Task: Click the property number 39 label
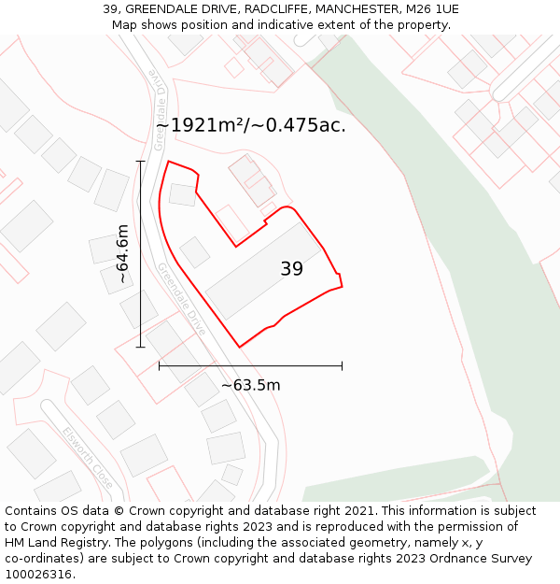(291, 269)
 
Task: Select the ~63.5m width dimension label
(250, 385)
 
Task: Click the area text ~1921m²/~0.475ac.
(250, 125)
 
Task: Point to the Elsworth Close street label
(88, 457)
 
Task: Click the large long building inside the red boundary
(263, 271)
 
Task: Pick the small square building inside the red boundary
(195, 252)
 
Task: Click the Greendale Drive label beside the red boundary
(182, 299)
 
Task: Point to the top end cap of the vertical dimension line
(141, 162)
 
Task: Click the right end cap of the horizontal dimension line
(342, 365)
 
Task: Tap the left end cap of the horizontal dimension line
(160, 365)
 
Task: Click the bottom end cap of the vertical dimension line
(141, 347)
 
